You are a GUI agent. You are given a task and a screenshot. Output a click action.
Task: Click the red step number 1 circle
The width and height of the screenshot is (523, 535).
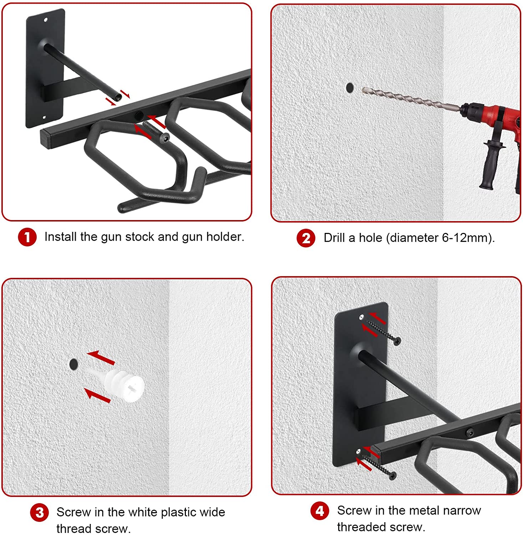point(27,237)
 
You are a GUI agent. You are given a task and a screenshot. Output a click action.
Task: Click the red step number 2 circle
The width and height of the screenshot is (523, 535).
point(306,238)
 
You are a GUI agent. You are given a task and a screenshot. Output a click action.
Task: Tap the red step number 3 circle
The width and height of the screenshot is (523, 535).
point(39,513)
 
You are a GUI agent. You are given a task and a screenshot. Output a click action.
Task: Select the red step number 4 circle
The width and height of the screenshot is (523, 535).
point(320,511)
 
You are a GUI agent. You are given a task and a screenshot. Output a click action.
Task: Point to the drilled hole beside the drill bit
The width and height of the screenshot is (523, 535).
point(350,87)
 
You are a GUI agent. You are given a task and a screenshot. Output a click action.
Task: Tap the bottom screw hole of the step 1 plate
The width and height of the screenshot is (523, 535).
point(45,117)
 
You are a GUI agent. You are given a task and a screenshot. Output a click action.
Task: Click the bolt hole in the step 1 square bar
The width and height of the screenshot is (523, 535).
point(139,115)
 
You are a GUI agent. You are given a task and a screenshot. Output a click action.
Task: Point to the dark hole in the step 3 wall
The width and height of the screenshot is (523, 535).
point(73,364)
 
